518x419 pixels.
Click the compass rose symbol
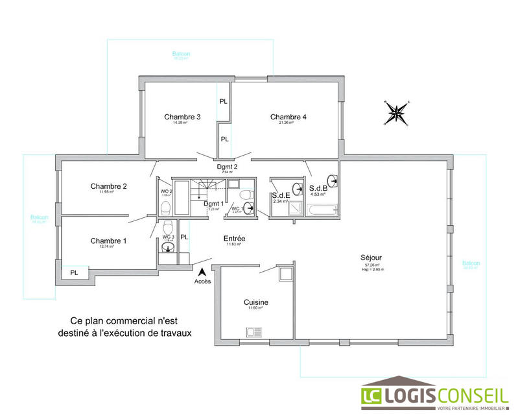click(x=396, y=113)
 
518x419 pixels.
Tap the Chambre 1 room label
click(x=108, y=241)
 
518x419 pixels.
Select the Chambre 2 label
click(x=108, y=186)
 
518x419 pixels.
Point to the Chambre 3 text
click(x=182, y=117)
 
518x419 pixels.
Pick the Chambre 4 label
click(x=288, y=117)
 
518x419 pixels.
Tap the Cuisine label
click(x=256, y=302)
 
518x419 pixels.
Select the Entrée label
click(x=234, y=238)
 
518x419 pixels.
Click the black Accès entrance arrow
click(x=203, y=272)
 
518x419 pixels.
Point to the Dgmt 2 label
click(x=227, y=167)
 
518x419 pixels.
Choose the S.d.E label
click(x=280, y=195)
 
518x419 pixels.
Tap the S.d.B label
click(x=318, y=187)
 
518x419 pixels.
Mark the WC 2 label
click(x=166, y=191)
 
